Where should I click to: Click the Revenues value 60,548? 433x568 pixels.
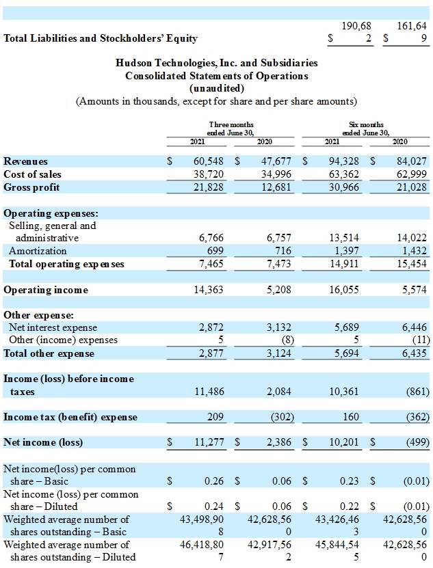coord(209,161)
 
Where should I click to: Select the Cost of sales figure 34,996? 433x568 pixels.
coord(276,174)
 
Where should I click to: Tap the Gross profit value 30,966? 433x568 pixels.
coord(344,187)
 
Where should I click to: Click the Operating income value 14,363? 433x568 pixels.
coord(209,289)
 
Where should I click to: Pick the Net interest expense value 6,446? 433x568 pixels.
coord(414,327)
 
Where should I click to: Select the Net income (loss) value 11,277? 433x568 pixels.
coord(209,442)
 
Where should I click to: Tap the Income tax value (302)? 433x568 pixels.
coord(282,416)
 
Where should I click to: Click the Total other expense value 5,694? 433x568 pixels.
coord(346,353)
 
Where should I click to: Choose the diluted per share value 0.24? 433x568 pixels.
coord(214,506)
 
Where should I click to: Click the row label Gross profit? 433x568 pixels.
coord(31,187)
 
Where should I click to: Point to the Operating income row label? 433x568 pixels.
coord(46,290)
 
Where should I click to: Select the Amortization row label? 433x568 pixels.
coord(38,251)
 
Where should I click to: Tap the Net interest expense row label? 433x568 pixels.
coord(53,327)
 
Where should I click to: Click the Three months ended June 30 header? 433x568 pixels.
coord(231,129)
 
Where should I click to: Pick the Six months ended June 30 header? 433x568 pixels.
coord(366,129)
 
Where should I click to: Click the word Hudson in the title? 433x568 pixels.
coord(134,63)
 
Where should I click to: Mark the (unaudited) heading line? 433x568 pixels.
coord(217,88)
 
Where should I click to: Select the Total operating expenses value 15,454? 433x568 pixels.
coord(412,263)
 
